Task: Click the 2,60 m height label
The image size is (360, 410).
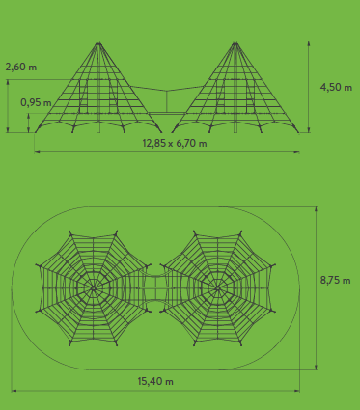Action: (x=21, y=68)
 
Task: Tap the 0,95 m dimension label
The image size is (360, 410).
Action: (x=36, y=102)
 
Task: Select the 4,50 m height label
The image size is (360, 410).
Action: (x=336, y=87)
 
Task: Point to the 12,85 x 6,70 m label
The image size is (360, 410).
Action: (x=175, y=143)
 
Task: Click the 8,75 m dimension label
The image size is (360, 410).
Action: (x=335, y=280)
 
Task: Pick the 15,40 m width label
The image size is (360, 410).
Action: (x=155, y=381)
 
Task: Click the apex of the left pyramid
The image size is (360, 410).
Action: (x=98, y=42)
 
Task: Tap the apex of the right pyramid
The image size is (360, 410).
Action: (x=235, y=42)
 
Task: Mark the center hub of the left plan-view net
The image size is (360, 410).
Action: (x=94, y=288)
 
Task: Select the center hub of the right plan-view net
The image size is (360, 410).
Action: (x=218, y=288)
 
